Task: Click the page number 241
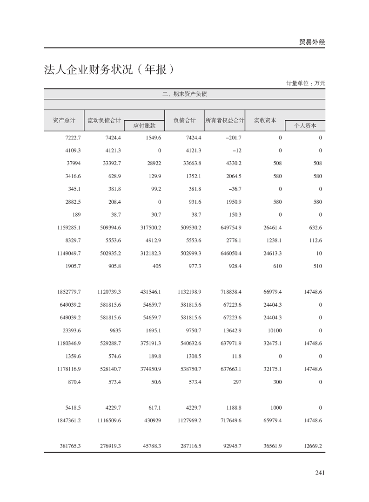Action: (x=319, y=473)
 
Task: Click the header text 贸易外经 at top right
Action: (x=312, y=42)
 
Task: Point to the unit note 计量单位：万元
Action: (x=306, y=83)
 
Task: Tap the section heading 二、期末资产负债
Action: (x=185, y=94)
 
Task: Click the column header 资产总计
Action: (x=64, y=120)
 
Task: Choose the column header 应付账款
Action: (x=144, y=125)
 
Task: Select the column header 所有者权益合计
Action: (x=225, y=120)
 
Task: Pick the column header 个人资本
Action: (x=305, y=125)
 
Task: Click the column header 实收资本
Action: (x=265, y=120)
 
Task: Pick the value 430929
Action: (x=152, y=420)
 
